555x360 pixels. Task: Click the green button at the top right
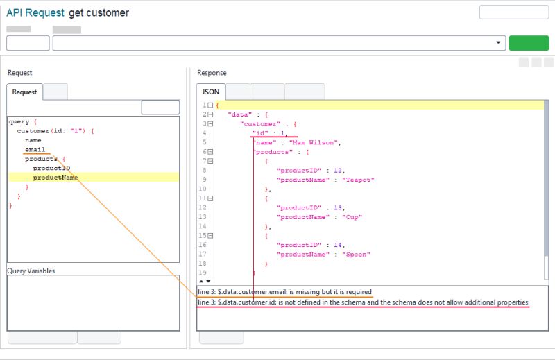[x=528, y=43]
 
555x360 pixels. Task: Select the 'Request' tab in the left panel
[x=24, y=92]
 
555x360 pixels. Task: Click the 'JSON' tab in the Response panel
[x=210, y=92]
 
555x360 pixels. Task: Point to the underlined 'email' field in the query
[x=35, y=149]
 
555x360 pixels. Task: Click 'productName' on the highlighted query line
[x=55, y=178]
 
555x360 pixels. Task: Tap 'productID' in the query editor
[x=51, y=168]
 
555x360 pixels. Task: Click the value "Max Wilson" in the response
[x=319, y=142]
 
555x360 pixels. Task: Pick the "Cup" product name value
[x=352, y=217]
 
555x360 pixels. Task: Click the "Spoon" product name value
[x=356, y=255]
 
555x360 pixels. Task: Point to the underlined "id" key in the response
[x=261, y=132]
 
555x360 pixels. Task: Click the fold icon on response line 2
[x=210, y=114]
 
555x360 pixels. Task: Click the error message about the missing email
[x=284, y=291]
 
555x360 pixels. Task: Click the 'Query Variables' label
[x=31, y=271]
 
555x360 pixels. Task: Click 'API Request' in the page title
[x=35, y=13]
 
